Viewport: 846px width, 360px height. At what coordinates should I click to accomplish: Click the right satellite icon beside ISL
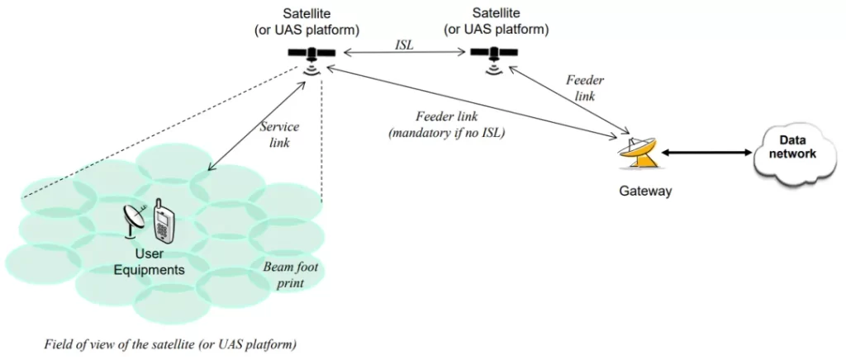tap(494, 54)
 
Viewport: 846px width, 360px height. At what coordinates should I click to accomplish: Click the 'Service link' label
tap(279, 134)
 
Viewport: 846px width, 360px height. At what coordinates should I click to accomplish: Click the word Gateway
tap(645, 191)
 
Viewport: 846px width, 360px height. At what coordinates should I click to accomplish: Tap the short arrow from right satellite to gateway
tap(571, 99)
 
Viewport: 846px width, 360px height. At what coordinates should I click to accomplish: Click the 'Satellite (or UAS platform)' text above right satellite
tap(497, 22)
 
